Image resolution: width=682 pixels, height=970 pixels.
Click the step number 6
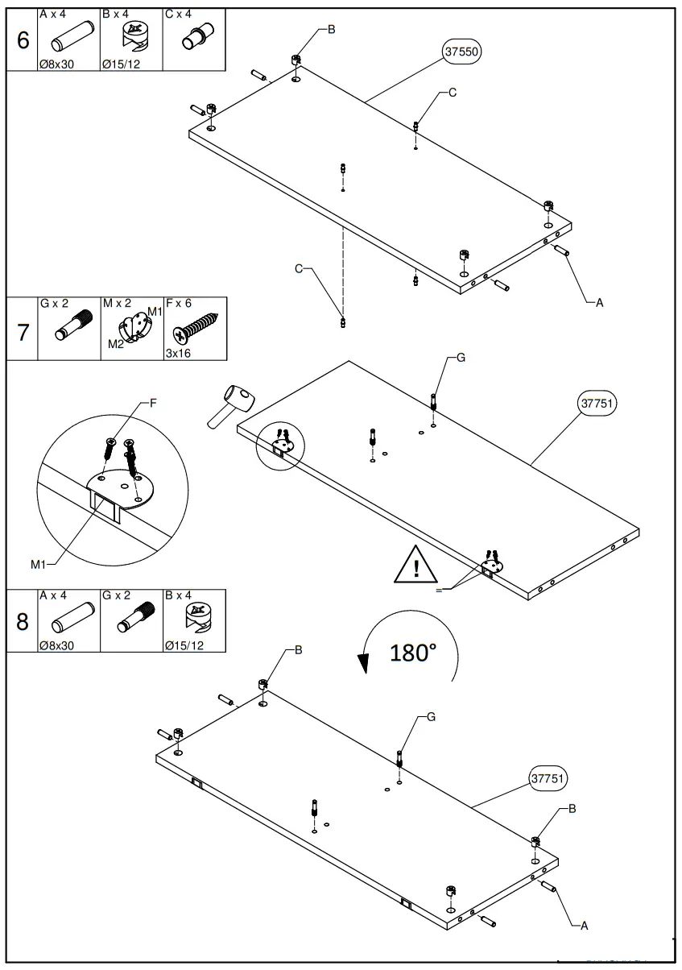point(23,40)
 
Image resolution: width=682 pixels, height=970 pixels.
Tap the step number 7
point(23,331)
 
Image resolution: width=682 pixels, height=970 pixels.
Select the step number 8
point(23,622)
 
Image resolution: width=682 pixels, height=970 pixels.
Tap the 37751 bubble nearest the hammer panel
point(597,403)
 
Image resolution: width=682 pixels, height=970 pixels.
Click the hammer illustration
point(231,405)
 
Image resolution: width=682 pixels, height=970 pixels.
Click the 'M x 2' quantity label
point(118,304)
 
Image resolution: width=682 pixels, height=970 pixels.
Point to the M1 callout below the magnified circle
point(39,564)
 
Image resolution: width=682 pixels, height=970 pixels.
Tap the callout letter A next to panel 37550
point(598,303)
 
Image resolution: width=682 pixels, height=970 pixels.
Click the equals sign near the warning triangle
point(439,591)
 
